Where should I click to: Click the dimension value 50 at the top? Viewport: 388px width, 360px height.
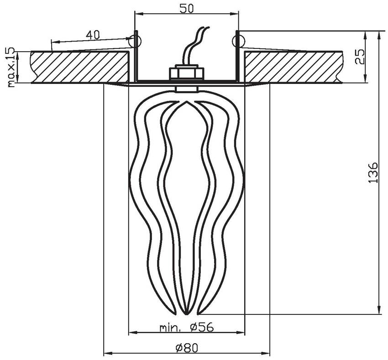(x=187, y=8)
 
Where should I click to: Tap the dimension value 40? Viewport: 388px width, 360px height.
(x=93, y=35)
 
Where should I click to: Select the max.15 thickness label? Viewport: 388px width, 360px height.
(x=11, y=67)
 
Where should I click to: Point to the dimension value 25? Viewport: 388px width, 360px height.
(x=360, y=57)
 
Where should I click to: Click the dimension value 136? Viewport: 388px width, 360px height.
(x=373, y=172)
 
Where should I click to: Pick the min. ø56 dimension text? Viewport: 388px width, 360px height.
(x=186, y=328)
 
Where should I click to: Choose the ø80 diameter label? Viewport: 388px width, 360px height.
(x=187, y=348)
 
